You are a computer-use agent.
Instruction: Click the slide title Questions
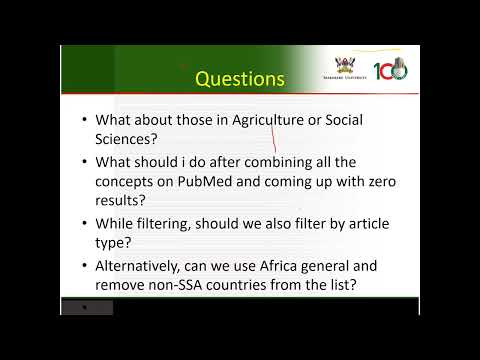coord(240,77)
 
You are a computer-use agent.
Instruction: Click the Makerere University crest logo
coord(343,67)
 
